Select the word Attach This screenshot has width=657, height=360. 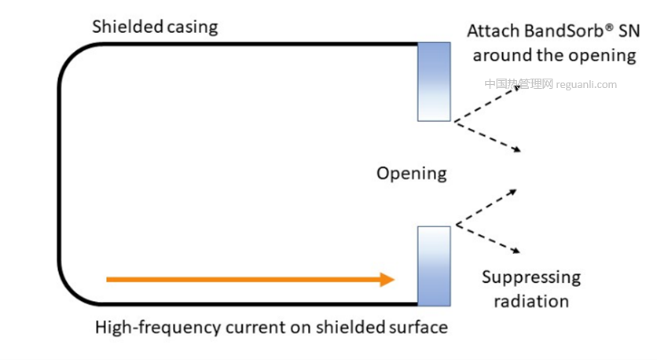coord(490,31)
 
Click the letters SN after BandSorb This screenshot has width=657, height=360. coord(626,31)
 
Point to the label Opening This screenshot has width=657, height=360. coord(411,174)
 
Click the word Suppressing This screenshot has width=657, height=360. coord(531,277)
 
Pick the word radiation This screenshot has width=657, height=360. coord(526,301)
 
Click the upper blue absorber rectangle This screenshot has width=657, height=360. coord(434,82)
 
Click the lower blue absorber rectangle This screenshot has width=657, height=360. coord(434,266)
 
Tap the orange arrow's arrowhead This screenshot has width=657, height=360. coord(385,279)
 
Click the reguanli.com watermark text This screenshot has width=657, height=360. coord(586,85)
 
